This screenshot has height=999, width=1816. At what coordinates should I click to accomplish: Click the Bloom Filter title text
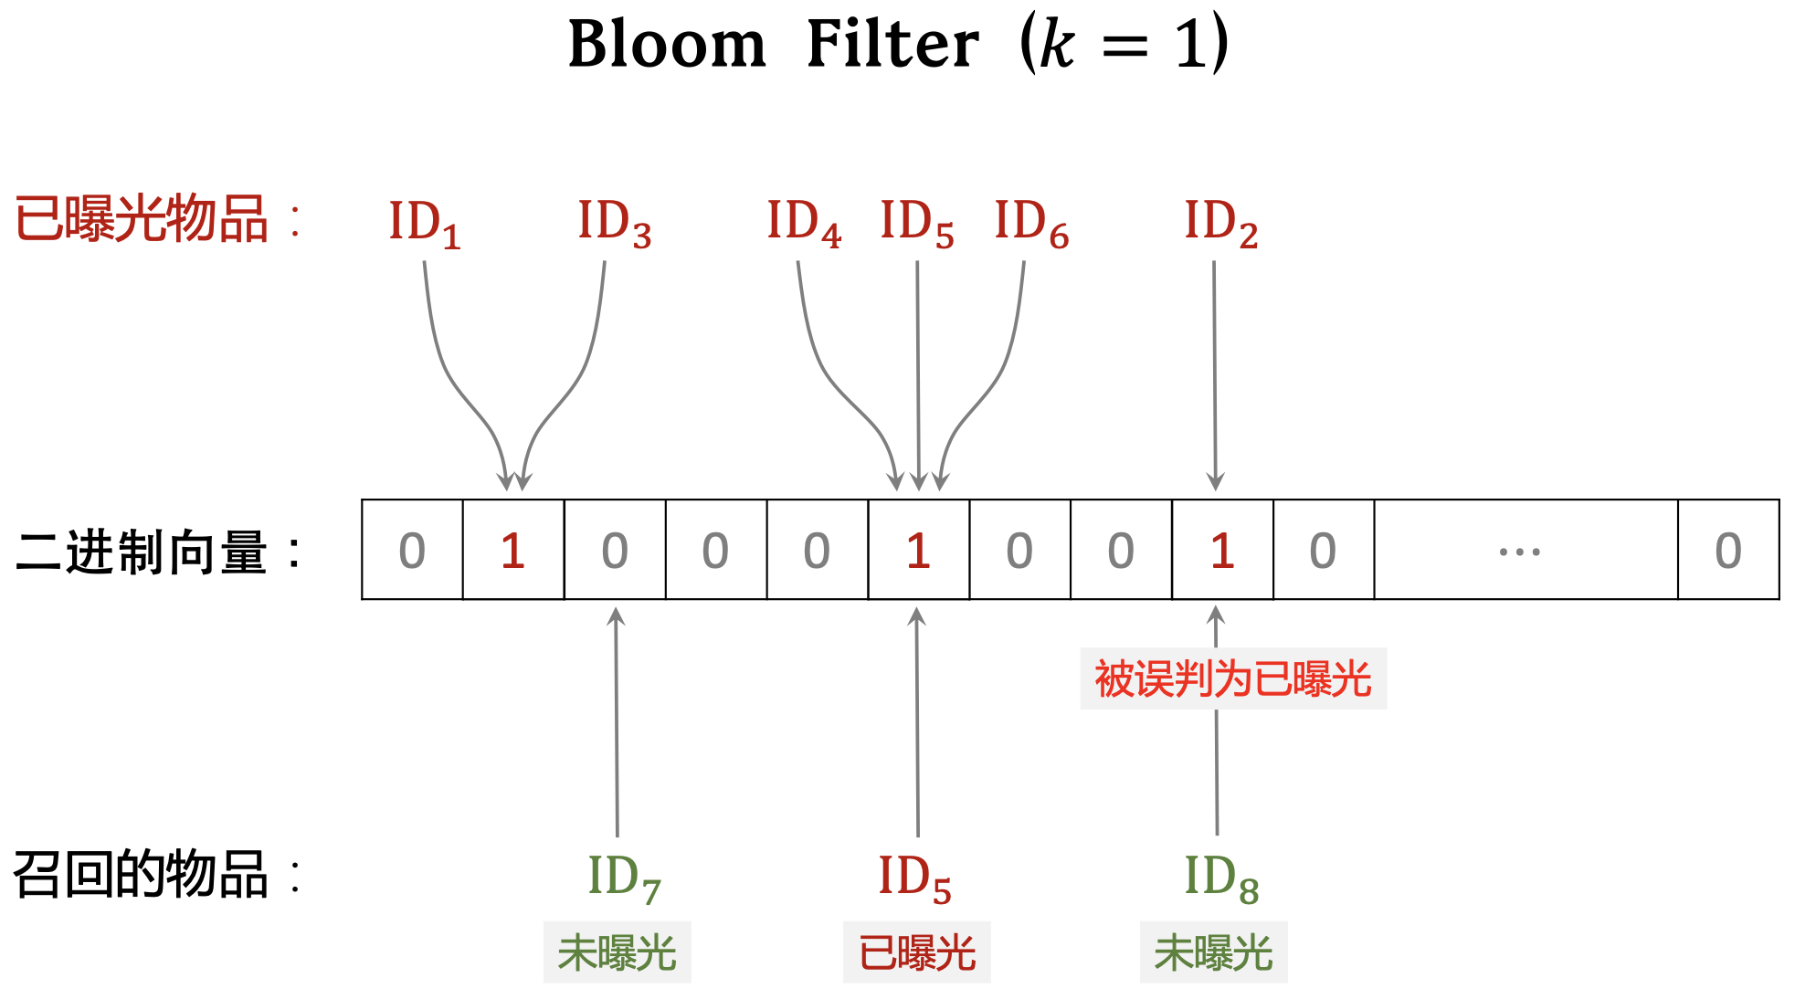(897, 44)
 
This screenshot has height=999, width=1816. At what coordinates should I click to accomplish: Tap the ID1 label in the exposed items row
(424, 223)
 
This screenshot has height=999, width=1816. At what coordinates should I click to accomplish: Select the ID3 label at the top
(614, 223)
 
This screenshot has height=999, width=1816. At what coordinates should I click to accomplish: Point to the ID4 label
(803, 223)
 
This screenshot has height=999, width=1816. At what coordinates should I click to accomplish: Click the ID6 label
(1030, 223)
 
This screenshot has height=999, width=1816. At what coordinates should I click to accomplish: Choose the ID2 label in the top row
(1220, 223)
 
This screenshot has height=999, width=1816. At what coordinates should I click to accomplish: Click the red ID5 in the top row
(916, 223)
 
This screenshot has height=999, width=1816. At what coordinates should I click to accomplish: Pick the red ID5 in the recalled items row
(914, 878)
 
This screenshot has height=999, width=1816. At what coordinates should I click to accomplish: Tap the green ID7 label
(624, 878)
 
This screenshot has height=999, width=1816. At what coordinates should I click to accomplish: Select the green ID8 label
(1220, 878)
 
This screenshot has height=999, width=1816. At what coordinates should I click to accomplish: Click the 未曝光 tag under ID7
(617, 952)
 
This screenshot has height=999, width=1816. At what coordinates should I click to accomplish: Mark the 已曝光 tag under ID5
(916, 952)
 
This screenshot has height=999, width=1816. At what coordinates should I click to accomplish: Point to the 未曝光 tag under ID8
(1213, 952)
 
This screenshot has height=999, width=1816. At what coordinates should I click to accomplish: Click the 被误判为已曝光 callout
(1232, 678)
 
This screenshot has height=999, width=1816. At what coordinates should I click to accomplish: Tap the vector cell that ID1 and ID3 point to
(512, 550)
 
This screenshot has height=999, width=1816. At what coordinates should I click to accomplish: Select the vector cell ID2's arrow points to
(1222, 550)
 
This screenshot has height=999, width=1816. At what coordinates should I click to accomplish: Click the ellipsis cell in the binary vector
(1525, 550)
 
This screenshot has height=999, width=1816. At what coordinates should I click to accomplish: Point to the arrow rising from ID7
(617, 721)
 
